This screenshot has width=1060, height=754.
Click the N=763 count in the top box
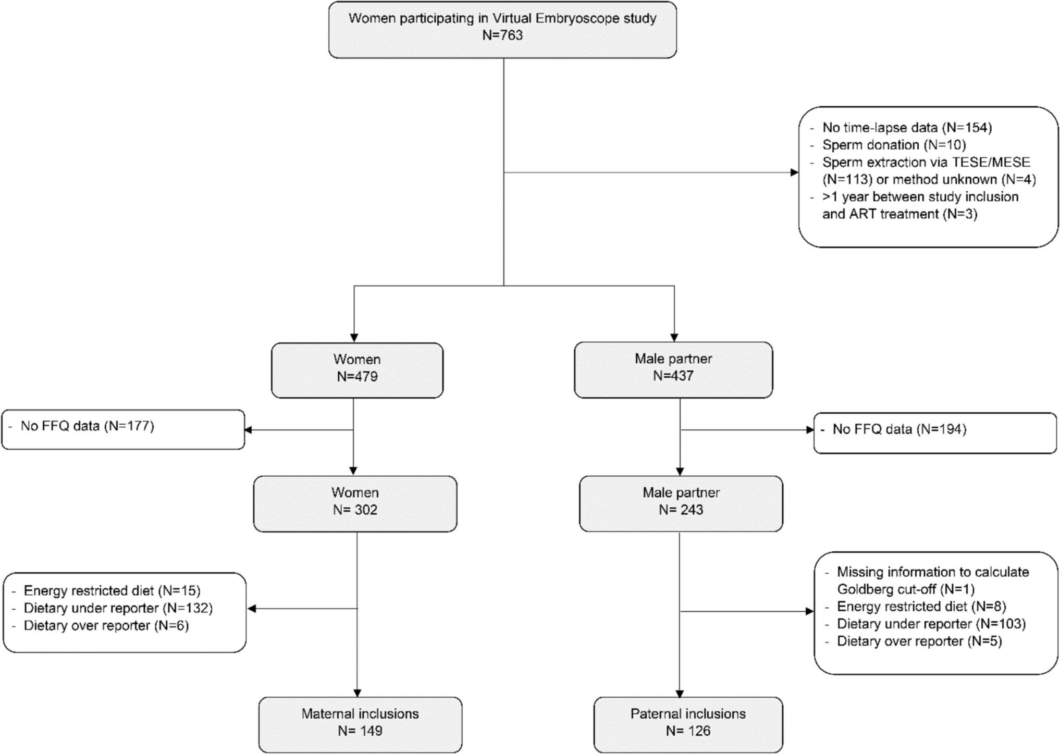coord(502,35)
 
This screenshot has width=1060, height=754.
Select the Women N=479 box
coord(357,370)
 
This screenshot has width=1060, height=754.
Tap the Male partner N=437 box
coord(673,369)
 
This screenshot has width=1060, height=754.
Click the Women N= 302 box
coord(355,503)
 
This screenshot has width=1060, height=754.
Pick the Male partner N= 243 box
coord(681,503)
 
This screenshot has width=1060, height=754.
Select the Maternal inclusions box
coord(360,724)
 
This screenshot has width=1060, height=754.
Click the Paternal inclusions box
coord(688,724)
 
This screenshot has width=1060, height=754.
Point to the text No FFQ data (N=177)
coord(87,426)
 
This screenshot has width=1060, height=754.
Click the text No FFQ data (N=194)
coord(899,429)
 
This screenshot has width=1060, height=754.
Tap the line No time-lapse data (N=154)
coord(907,128)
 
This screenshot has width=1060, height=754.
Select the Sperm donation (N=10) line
coord(894,145)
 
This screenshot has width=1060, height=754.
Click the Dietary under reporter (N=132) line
coord(118,608)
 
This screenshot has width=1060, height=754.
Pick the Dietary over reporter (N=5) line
coord(919,641)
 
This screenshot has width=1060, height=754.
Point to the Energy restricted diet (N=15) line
coord(112,591)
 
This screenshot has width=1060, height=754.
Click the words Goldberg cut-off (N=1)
coord(905,589)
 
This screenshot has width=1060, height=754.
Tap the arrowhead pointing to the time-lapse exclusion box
coord(794,172)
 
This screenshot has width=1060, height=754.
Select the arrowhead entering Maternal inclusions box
coord(358,693)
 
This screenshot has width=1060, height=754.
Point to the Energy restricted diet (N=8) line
coord(921,607)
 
